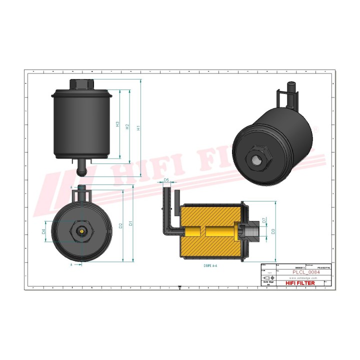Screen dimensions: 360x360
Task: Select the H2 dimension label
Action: pyautogui.click(x=127, y=127)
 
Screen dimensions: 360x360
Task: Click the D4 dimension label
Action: pyautogui.click(x=43, y=231)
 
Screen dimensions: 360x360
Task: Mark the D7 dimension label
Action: pyautogui.click(x=264, y=220)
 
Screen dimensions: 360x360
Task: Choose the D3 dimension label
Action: pyautogui.click(x=273, y=231)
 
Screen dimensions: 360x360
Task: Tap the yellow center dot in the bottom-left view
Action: pyautogui.click(x=81, y=231)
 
